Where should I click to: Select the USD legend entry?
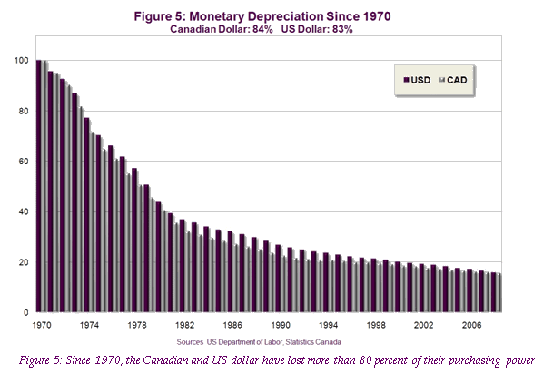point(418,80)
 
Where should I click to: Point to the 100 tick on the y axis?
point(22,61)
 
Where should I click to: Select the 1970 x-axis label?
point(41,324)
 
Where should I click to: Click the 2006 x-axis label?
point(471,324)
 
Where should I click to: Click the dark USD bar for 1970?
point(39,186)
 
